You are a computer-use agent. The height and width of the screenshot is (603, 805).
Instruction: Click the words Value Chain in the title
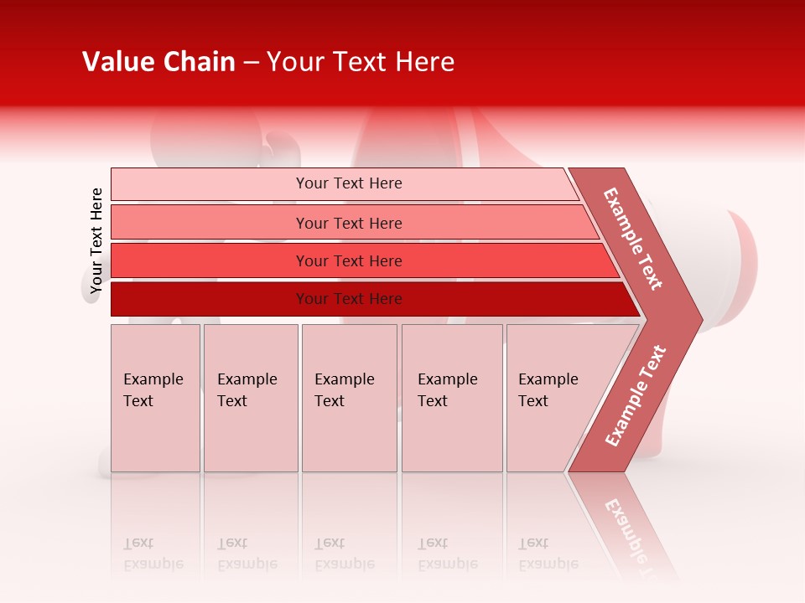[158, 62]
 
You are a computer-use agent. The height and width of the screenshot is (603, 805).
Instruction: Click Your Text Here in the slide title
[361, 62]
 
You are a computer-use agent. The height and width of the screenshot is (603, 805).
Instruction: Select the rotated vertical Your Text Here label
[96, 240]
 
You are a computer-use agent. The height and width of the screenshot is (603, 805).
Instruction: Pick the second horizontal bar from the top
[348, 223]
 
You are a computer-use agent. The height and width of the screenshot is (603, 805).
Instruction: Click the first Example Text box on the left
[155, 397]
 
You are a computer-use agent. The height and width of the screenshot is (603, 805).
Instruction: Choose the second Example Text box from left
[250, 397]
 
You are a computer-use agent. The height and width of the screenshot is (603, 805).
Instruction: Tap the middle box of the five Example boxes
[349, 397]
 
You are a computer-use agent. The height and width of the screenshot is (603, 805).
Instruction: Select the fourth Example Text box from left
[452, 397]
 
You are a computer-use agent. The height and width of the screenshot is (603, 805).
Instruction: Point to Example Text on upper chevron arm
[633, 239]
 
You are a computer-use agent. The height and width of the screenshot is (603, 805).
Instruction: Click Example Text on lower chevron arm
[636, 396]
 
